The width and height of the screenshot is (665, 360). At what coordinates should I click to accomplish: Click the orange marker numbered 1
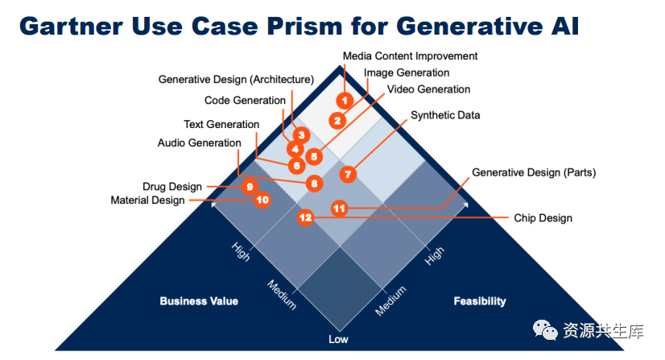[x=345, y=101]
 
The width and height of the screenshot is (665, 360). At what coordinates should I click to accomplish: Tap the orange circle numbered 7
[x=348, y=173]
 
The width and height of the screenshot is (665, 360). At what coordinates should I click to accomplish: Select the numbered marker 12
[x=305, y=217]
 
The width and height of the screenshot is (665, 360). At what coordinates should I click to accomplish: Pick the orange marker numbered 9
[x=250, y=186]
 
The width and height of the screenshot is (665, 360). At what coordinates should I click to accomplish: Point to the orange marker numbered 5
[x=314, y=156]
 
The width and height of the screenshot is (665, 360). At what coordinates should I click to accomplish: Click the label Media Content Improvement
[x=410, y=56]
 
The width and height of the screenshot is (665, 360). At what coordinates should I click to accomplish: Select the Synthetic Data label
[x=445, y=115]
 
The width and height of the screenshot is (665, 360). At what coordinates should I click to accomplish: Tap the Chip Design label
[x=543, y=218]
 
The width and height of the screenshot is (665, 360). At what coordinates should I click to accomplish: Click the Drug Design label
[x=172, y=187]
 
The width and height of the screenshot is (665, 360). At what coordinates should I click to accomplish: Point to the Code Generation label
[x=245, y=101]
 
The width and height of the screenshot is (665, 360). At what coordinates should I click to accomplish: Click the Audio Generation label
[x=199, y=143]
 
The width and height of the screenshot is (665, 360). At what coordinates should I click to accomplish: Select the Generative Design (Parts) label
[x=534, y=172]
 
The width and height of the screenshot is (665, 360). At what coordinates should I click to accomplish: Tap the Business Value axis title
[x=199, y=301]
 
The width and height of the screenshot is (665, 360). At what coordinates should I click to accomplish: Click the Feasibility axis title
[x=480, y=301]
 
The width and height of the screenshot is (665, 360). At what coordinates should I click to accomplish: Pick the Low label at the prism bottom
[x=338, y=339]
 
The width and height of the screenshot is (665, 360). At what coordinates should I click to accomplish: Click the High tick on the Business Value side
[x=241, y=251]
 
